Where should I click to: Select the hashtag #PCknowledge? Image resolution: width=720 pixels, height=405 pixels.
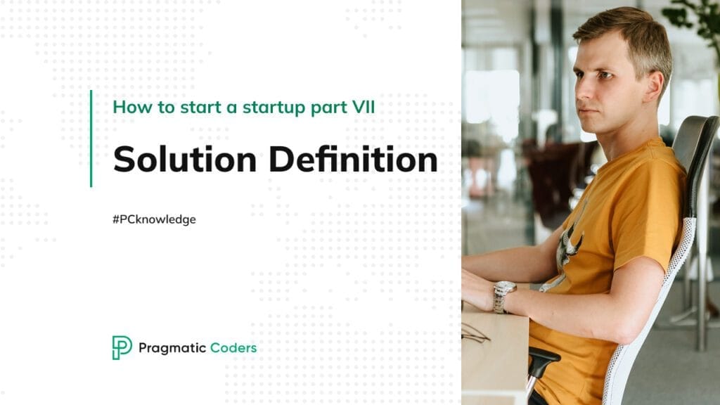154,219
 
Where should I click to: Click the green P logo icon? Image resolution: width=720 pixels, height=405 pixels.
122,347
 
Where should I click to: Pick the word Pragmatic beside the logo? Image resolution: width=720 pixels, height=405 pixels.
172,348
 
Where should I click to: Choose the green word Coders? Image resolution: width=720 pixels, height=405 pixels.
234,348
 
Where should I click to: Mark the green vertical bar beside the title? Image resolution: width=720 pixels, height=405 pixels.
91,139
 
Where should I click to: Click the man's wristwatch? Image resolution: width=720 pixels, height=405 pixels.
503,295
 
